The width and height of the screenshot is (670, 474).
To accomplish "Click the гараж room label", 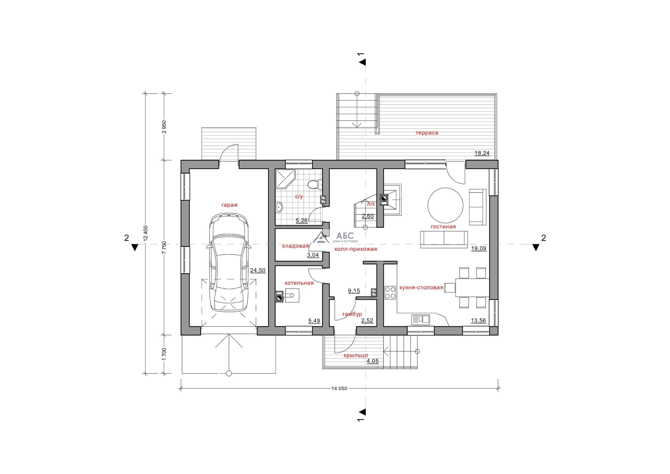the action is (230, 205).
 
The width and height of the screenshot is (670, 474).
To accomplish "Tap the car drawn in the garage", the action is (229, 263).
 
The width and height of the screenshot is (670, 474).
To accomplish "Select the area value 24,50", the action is (258, 270).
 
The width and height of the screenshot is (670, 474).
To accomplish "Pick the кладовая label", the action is (295, 246).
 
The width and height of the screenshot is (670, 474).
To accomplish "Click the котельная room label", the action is (299, 283).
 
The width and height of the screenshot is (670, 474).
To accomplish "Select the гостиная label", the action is (443, 226).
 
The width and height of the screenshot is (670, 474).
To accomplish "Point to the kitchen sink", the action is (421, 319).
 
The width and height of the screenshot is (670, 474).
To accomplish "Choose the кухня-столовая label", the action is (421, 287).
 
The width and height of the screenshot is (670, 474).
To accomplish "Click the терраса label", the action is (427, 133).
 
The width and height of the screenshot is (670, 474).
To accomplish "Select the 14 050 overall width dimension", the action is (339, 388).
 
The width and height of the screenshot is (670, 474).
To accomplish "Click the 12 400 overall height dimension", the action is (146, 233).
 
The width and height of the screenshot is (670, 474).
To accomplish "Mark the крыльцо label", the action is (356, 355).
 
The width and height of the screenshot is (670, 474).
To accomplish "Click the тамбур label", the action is (352, 314).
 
